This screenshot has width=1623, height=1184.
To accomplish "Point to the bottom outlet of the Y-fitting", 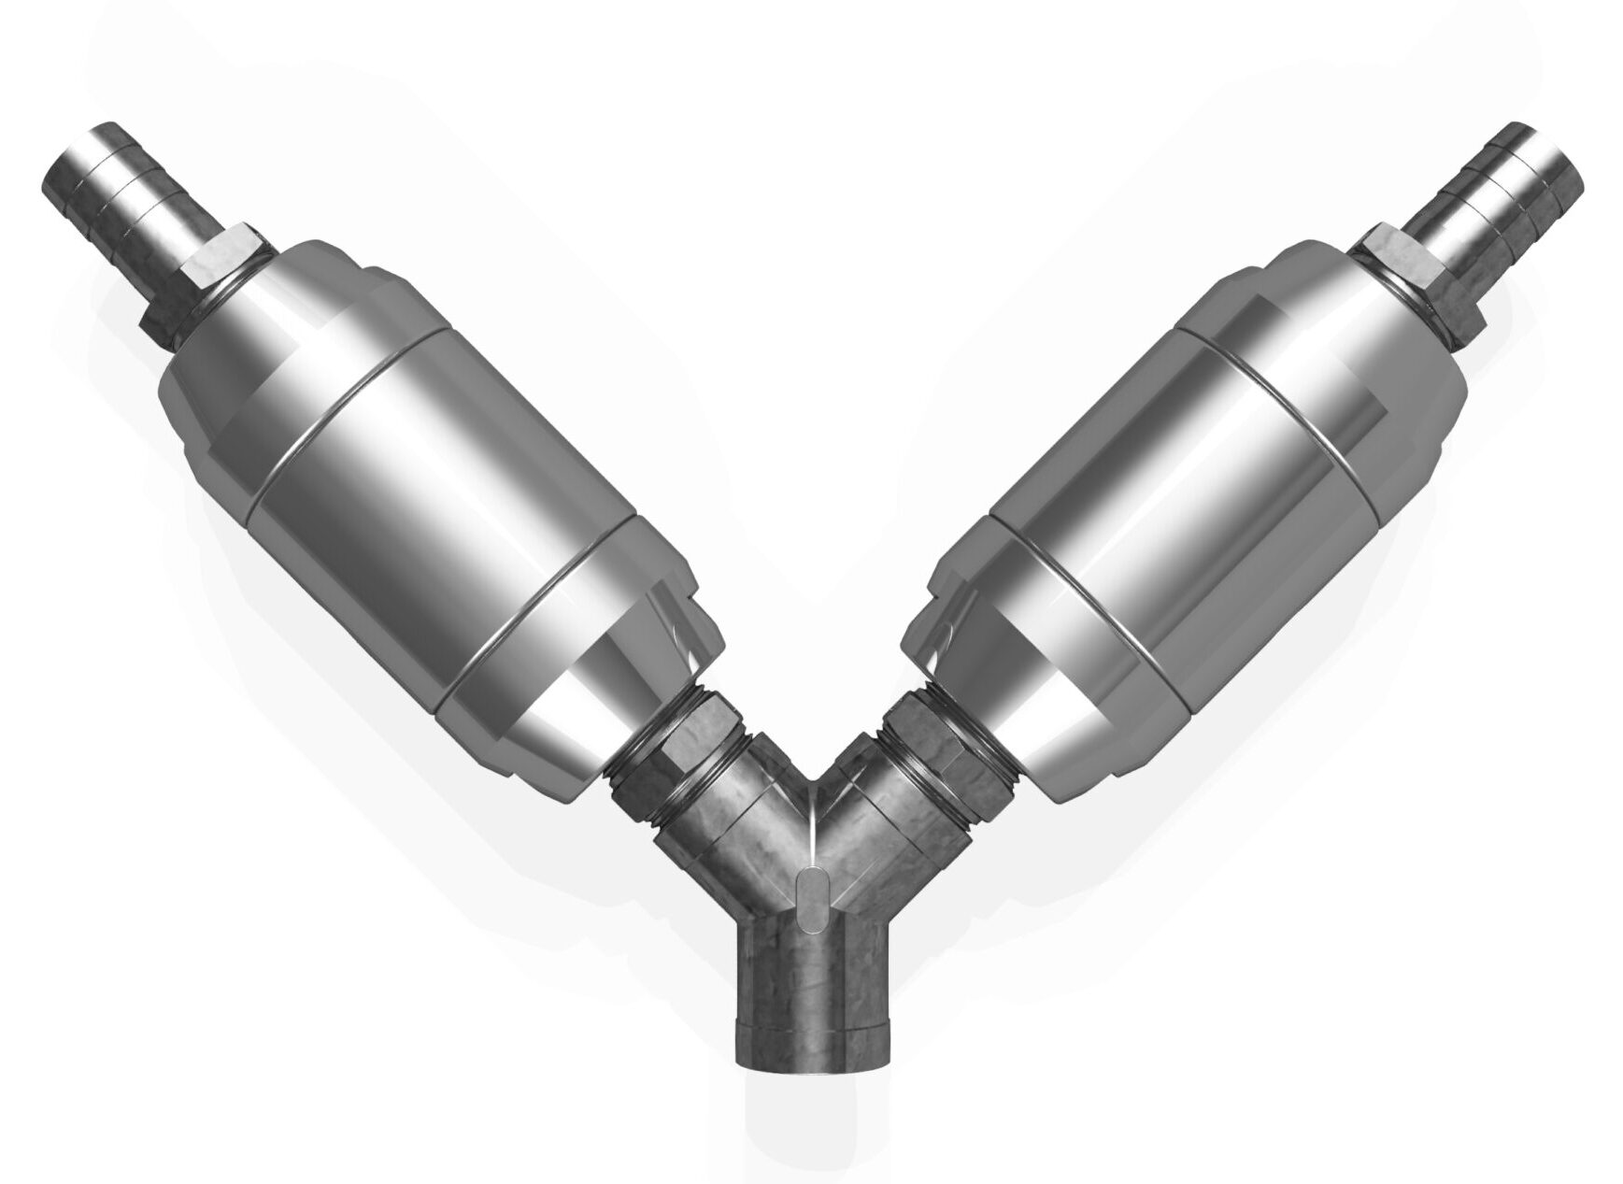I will click(x=811, y=991).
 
